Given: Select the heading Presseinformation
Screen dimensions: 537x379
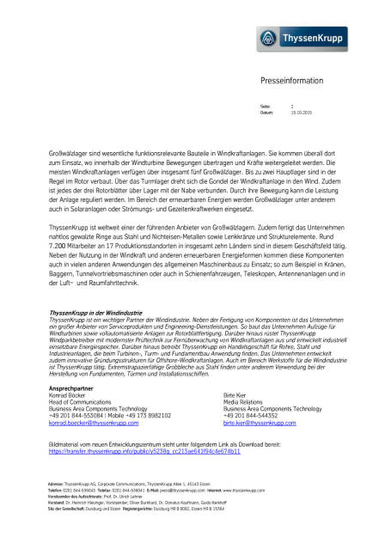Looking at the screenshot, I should pos(290,79).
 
